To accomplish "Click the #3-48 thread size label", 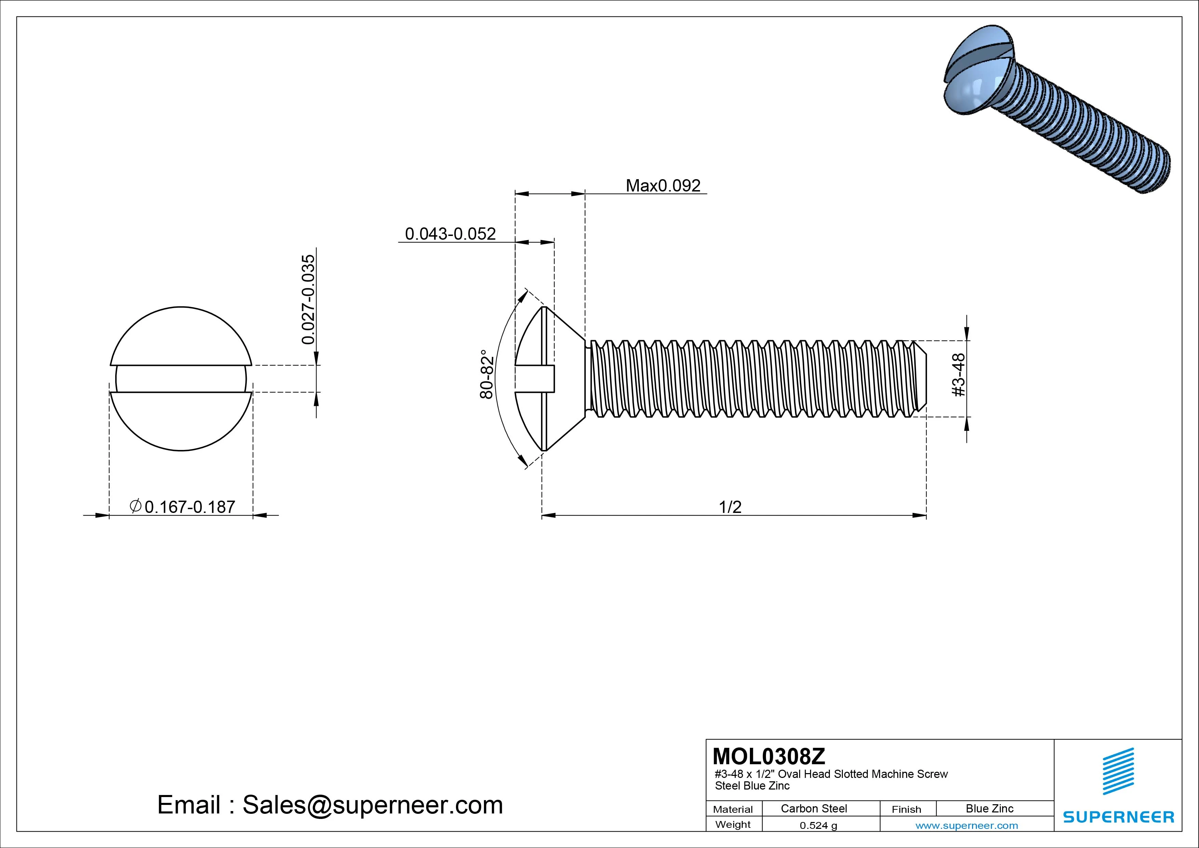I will [x=959, y=375].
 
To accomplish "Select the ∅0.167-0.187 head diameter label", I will [x=183, y=507].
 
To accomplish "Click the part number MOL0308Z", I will [x=769, y=756].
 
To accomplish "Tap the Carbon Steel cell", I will [x=813, y=808].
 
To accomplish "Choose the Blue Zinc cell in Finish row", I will [x=989, y=808].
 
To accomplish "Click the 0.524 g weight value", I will [x=818, y=825].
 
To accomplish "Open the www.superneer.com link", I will [x=967, y=825].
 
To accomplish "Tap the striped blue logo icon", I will [x=1118, y=771].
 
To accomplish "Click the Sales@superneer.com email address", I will [x=372, y=805].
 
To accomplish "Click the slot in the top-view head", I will [x=181, y=379].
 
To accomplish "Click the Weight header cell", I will [x=733, y=824].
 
